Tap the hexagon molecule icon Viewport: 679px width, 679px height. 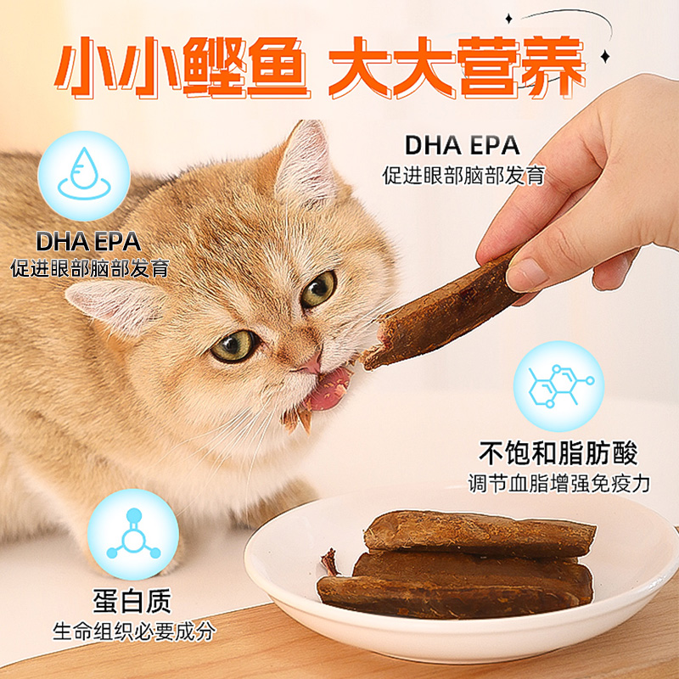558,386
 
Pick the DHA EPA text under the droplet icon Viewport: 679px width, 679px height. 87,240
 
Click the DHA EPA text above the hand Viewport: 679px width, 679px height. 463,145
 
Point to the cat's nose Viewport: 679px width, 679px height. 311,364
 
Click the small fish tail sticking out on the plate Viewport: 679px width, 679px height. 328,561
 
